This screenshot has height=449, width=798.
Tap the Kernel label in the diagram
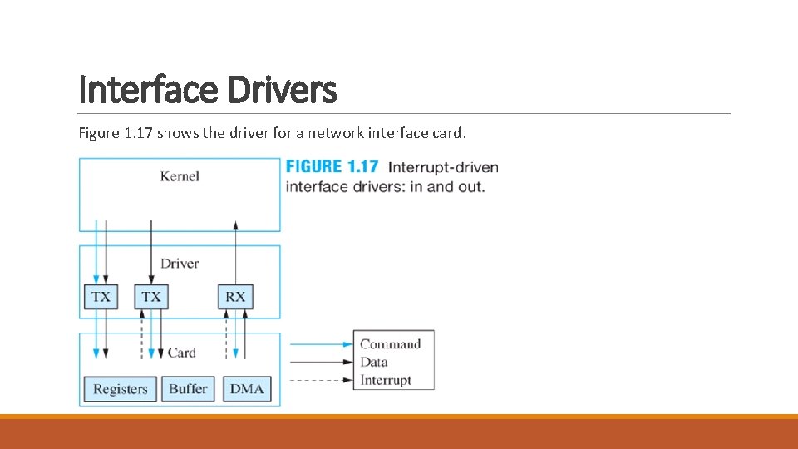coord(180,176)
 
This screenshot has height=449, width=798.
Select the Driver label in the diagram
coord(180,264)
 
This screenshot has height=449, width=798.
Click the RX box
coord(235,296)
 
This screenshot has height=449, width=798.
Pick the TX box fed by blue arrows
coord(101,296)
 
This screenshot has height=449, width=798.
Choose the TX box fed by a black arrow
coord(151,296)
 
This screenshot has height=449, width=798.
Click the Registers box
coord(120,389)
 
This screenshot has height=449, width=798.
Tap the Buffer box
coord(188,389)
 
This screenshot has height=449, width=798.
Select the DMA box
coord(246,389)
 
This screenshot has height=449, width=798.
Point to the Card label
coord(181,353)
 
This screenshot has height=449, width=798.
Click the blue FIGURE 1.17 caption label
coord(332,167)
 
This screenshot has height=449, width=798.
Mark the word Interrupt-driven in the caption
coord(443,167)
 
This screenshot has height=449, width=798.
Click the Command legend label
coord(391,344)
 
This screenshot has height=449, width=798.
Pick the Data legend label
coord(375,362)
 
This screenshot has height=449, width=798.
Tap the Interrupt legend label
coord(386,380)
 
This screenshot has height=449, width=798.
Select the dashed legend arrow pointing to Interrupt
coord(320,381)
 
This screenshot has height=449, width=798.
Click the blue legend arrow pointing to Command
coord(320,344)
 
